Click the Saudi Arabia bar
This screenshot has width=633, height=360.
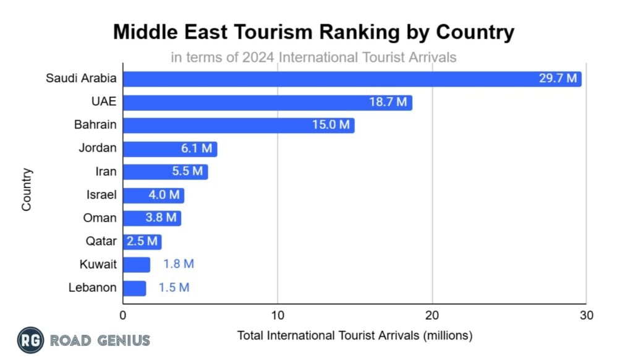(x=352, y=79)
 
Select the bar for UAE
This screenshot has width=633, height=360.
(x=268, y=102)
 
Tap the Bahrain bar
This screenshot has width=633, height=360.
(x=239, y=125)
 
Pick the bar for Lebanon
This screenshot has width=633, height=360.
(x=135, y=288)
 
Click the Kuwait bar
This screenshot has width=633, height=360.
(x=137, y=264)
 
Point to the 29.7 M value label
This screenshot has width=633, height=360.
(x=558, y=79)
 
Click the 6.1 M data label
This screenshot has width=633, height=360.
(x=195, y=148)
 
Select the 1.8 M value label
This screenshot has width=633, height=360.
(x=179, y=264)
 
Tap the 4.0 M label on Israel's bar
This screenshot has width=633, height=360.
(x=164, y=195)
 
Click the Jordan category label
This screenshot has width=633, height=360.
(x=97, y=148)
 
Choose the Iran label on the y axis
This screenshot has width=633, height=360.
(x=106, y=171)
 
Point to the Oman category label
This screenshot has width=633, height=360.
(x=100, y=218)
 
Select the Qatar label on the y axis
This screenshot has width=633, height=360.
(x=101, y=241)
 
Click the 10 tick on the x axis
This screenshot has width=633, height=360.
(x=278, y=316)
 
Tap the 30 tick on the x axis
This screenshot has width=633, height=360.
(x=587, y=316)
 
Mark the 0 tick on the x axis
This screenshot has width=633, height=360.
(x=124, y=316)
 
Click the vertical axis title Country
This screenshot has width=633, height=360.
(x=27, y=189)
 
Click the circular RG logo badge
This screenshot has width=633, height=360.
(x=30, y=340)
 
